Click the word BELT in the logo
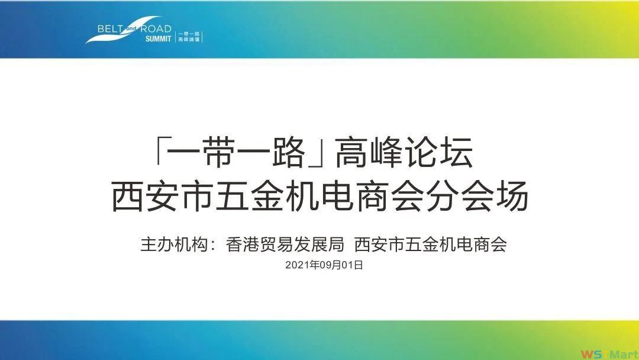(110, 29)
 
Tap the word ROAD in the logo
(156, 29)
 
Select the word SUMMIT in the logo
(158, 38)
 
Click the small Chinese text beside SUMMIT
(189, 37)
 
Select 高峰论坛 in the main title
(404, 153)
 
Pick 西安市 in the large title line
(162, 196)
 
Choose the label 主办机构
(174, 244)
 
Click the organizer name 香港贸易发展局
(285, 244)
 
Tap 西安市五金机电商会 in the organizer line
(430, 244)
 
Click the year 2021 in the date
(298, 265)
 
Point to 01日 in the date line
(352, 265)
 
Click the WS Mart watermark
(609, 354)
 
